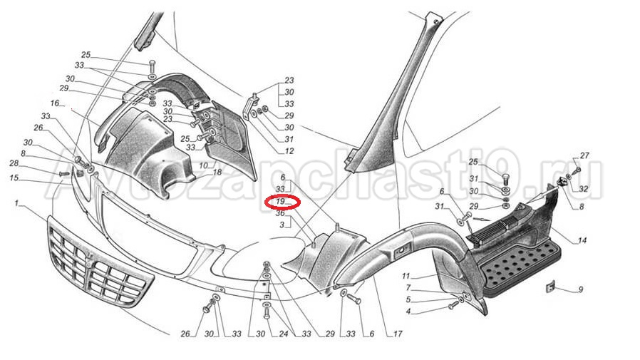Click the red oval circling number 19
click(x=282, y=202)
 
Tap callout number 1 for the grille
click(x=16, y=203)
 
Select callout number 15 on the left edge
click(x=14, y=178)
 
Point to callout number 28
click(x=14, y=164)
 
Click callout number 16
click(x=55, y=103)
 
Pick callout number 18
click(x=217, y=173)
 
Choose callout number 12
click(x=289, y=151)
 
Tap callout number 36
click(x=280, y=213)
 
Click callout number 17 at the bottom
click(x=398, y=334)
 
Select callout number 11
click(x=406, y=277)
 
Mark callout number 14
click(x=582, y=240)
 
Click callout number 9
click(x=580, y=290)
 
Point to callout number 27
click(x=584, y=155)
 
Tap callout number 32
click(x=584, y=189)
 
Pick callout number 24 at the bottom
click(x=283, y=334)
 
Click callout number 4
click(x=408, y=312)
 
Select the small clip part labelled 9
click(x=551, y=287)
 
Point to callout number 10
click(x=203, y=165)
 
